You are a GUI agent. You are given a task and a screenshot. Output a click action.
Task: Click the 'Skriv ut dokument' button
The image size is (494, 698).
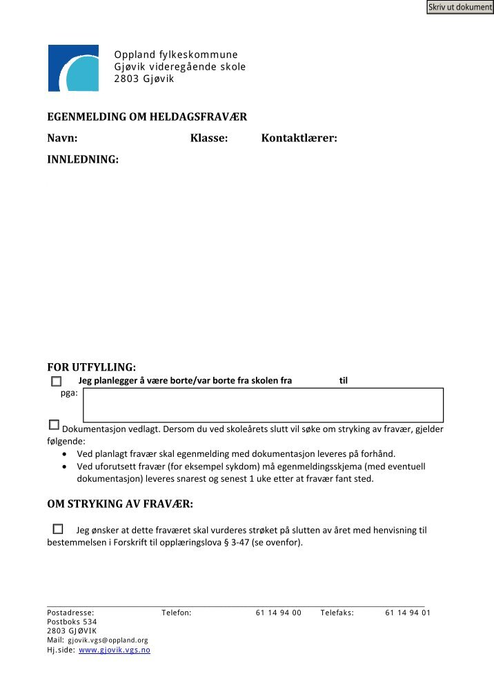[x=460, y=8]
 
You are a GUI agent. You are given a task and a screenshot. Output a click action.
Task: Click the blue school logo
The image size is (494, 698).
[x=72, y=68]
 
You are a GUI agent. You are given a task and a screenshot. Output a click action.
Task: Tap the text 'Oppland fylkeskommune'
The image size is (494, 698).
[x=176, y=55]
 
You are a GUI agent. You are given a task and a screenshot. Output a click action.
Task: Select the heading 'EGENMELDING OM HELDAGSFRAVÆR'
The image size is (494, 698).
[x=147, y=117]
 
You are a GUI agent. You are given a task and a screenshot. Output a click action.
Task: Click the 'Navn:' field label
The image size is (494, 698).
[x=62, y=138]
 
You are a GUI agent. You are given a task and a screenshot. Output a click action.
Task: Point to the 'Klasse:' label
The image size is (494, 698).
[x=209, y=138]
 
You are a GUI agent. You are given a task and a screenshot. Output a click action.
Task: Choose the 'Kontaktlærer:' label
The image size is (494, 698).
[x=299, y=138]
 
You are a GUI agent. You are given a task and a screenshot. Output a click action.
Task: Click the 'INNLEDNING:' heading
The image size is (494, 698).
[x=83, y=160]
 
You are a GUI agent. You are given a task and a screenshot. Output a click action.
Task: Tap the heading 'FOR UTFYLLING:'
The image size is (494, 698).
[x=91, y=367]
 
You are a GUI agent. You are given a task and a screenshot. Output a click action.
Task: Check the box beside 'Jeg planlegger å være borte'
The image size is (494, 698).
[x=56, y=381]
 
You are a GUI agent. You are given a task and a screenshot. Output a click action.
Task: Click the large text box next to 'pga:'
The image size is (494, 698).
[x=263, y=405]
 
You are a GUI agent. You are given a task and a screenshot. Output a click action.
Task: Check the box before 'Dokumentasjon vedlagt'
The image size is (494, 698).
[x=54, y=425]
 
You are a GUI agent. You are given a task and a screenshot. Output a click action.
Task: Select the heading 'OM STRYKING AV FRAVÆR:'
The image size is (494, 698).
[x=120, y=504]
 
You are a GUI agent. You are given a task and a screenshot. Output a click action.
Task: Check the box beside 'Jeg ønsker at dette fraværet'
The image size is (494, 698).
[x=57, y=529]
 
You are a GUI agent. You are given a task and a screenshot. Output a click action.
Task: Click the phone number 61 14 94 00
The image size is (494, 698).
[x=278, y=613]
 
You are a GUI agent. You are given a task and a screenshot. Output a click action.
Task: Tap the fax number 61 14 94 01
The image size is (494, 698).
[x=408, y=613]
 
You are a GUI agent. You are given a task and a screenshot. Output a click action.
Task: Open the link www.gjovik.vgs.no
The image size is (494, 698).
[x=115, y=650]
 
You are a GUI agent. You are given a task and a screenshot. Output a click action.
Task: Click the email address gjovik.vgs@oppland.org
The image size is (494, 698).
[x=108, y=640]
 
